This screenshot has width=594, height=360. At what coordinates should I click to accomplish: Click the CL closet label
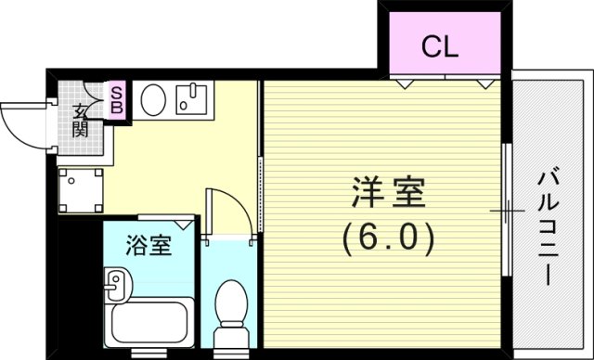[x=441, y=46]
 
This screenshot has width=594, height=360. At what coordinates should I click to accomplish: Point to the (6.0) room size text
[x=387, y=239]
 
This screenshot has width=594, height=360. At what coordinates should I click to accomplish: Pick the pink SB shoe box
[x=119, y=98]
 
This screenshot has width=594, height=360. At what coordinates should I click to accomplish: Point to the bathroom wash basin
[x=114, y=286]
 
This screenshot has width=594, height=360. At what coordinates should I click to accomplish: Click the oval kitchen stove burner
[x=152, y=97]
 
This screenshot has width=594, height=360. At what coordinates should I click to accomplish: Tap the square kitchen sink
[x=192, y=98]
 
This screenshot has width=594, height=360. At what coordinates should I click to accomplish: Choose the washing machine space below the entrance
[x=80, y=190]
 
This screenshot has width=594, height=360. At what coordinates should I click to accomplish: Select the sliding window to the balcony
[x=506, y=210]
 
